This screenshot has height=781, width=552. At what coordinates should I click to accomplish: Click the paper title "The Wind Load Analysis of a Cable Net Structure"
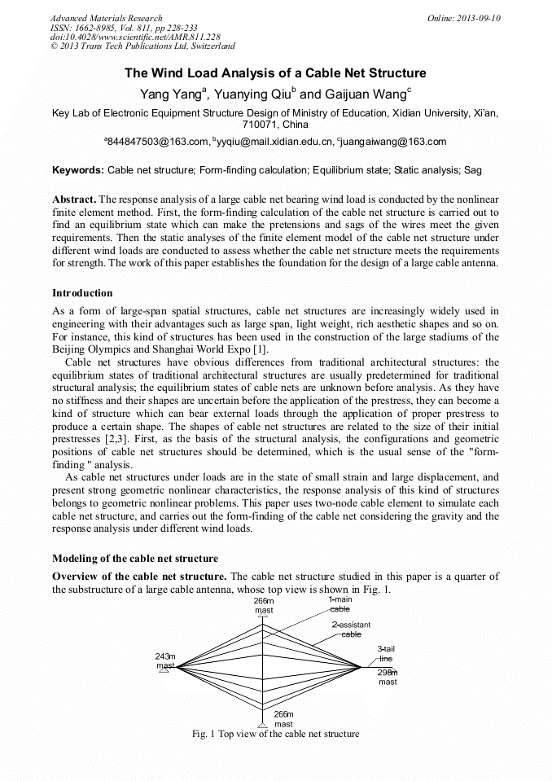pos(275,73)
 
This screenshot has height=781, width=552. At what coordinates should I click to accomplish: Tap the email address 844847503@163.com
pos(158,142)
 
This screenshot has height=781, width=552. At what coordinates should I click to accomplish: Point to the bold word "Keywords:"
pos(78,171)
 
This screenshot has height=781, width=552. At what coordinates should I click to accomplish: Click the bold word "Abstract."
pos(74,200)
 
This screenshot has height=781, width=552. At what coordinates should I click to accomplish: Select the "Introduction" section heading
pos(82,292)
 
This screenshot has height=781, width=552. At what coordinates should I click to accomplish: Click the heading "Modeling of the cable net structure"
pos(135,559)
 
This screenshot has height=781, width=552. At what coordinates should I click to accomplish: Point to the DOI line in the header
pos(135,37)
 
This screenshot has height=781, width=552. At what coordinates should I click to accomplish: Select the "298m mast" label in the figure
pos(388,677)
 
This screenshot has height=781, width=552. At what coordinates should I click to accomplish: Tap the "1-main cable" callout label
pos(340,603)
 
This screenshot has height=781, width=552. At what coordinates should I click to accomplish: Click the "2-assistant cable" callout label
pos(351,629)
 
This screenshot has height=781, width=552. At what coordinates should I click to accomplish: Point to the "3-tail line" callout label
pos(386,653)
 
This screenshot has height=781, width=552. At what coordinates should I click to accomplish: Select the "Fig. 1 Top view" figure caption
pos(275,734)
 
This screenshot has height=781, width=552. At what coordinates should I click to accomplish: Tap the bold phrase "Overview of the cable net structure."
pos(139,577)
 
